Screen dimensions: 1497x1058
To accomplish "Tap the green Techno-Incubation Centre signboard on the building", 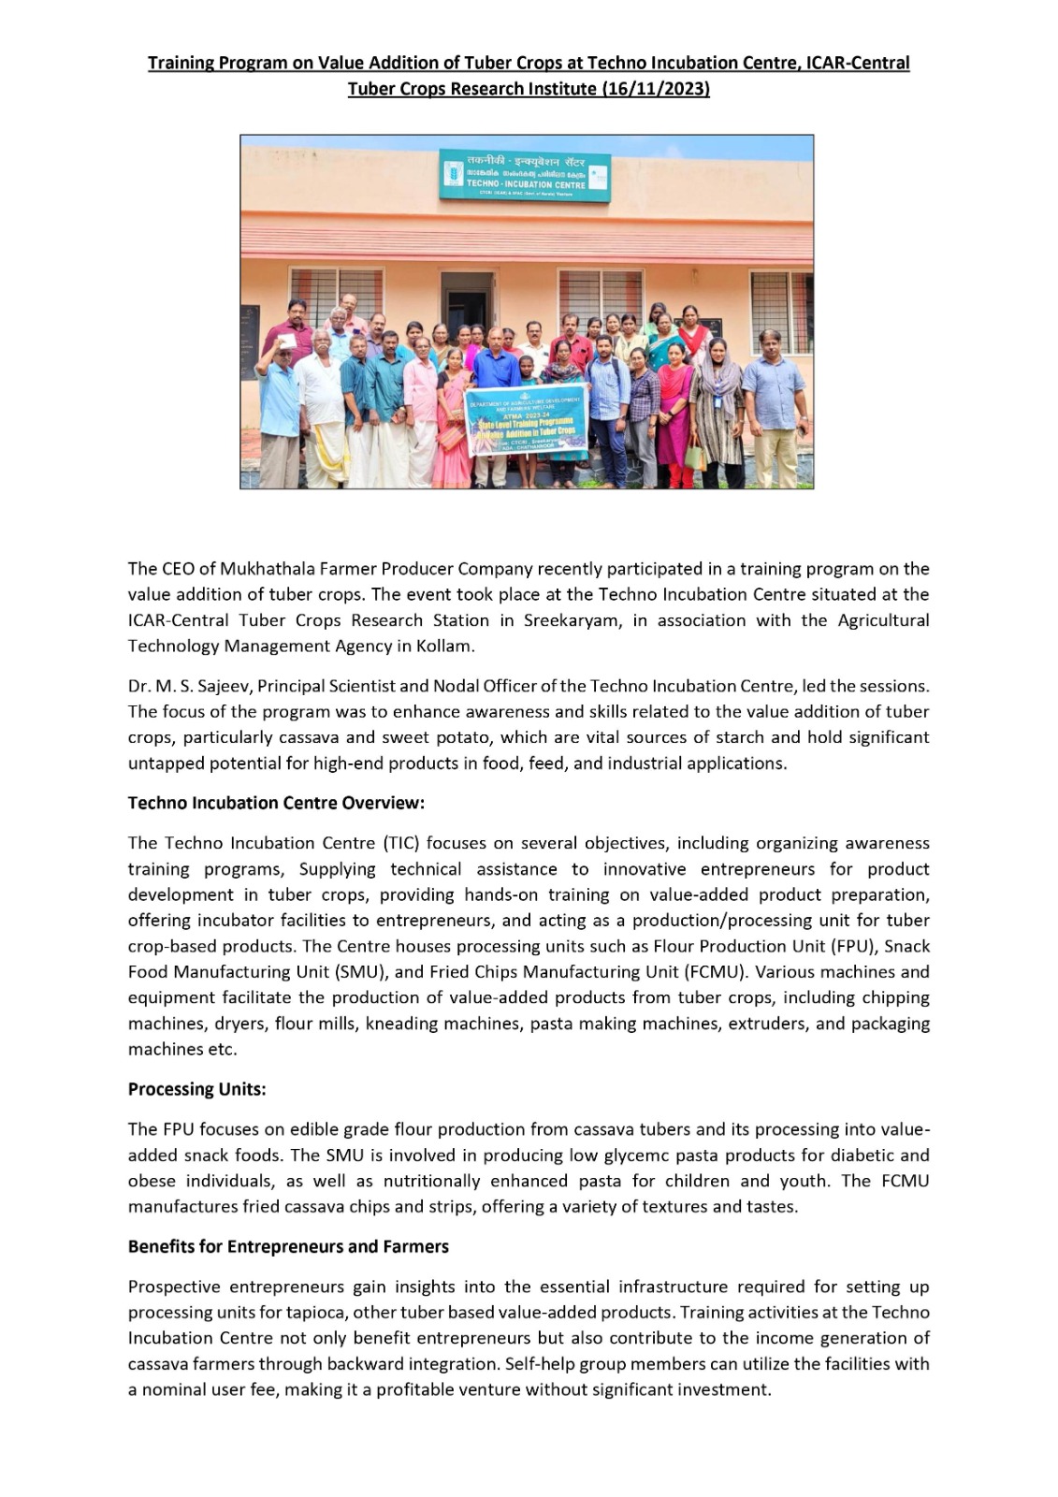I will [525, 176].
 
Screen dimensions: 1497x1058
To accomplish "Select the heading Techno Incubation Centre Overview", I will [276, 804].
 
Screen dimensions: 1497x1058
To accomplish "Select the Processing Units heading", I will [196, 1090].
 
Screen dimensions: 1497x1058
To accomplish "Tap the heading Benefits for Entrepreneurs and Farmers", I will [288, 1247].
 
